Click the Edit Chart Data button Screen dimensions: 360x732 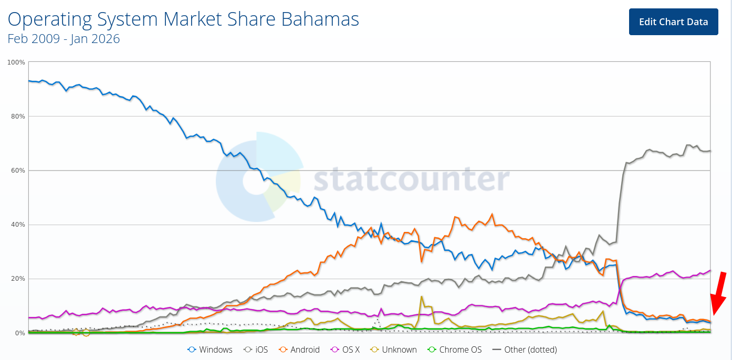point(673,22)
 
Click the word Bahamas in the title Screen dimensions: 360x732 point(320,19)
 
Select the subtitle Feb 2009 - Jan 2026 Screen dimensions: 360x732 point(64,39)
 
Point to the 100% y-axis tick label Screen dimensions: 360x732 point(16,62)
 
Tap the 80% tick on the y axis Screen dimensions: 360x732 point(18,117)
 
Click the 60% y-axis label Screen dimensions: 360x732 point(18,171)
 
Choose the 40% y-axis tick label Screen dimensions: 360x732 point(18,225)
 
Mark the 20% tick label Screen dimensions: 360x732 point(18,279)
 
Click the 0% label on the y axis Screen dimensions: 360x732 point(19,333)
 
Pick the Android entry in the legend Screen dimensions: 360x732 point(304,350)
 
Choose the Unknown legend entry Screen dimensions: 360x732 point(399,350)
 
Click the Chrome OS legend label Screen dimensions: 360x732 point(460,350)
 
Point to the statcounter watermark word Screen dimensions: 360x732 point(411,179)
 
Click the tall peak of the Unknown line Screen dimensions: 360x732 point(421,297)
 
